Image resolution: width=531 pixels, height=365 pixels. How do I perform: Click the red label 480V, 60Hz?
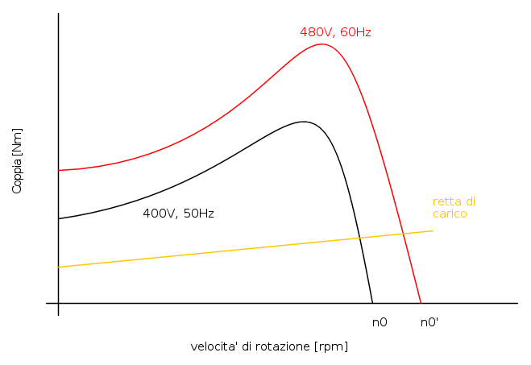(x=335, y=32)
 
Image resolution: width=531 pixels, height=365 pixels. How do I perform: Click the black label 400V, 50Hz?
(x=178, y=214)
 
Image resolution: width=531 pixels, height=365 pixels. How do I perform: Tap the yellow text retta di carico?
(x=453, y=208)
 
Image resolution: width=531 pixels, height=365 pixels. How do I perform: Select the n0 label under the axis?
(x=380, y=322)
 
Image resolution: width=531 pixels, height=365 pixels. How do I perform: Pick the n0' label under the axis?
(x=429, y=322)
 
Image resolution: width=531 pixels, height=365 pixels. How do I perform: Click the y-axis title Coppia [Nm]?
(x=17, y=160)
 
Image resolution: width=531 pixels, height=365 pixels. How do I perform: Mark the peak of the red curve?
(x=322, y=44)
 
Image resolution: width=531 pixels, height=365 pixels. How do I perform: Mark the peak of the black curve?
(x=304, y=122)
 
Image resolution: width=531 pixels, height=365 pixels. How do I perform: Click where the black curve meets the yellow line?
(x=359, y=238)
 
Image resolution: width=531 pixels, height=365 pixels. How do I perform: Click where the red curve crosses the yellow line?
(x=403, y=234)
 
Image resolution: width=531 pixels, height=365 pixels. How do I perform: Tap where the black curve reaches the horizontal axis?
(x=372, y=303)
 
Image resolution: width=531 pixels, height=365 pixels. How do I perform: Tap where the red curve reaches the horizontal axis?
(x=421, y=303)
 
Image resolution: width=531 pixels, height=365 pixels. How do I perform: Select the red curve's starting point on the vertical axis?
(x=59, y=170)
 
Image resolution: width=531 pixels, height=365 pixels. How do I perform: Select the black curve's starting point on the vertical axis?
(x=59, y=218)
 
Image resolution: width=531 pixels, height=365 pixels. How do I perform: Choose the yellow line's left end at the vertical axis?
(x=59, y=267)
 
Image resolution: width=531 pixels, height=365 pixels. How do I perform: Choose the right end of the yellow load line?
(x=434, y=231)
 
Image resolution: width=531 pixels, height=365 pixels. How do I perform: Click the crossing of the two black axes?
(x=59, y=303)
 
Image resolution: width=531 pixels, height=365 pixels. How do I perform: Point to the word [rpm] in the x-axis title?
(x=332, y=346)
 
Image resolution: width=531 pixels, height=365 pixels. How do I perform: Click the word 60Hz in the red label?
(x=355, y=32)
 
